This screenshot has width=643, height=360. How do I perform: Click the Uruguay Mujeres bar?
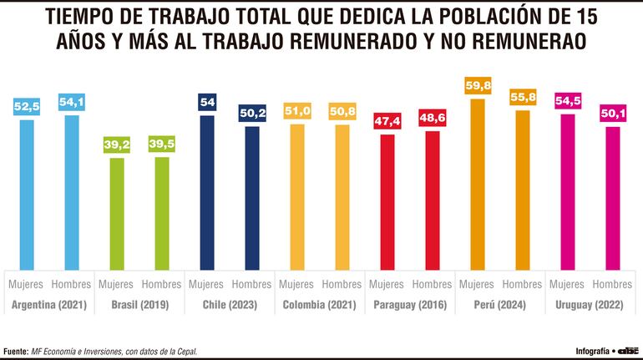(568, 191)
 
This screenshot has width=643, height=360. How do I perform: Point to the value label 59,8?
(478, 86)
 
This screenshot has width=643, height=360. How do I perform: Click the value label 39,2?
(117, 145)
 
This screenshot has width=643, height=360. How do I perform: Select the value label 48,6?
(432, 119)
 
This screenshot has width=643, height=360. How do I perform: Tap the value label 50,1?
(613, 114)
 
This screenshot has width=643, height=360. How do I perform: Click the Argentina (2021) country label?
(49, 305)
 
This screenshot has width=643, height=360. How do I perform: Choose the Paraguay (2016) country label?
(410, 305)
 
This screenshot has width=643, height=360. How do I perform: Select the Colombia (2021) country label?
(320, 305)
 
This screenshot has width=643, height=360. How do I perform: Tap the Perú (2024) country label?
(500, 305)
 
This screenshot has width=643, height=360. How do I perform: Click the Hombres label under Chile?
(251, 284)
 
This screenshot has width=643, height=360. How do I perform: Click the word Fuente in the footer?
(17, 350)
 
